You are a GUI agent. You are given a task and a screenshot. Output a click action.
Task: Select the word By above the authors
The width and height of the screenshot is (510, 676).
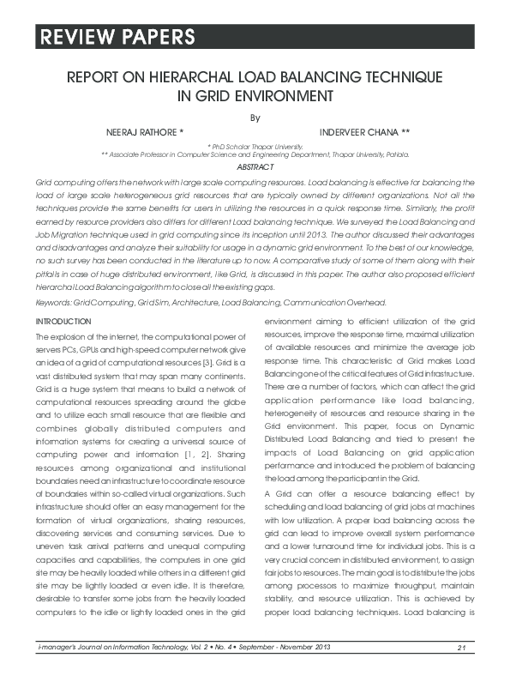(255, 117)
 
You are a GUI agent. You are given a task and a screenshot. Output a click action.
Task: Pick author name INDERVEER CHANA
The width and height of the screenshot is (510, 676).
(364, 133)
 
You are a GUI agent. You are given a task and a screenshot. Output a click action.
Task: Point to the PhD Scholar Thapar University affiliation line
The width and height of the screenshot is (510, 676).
(255, 147)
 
